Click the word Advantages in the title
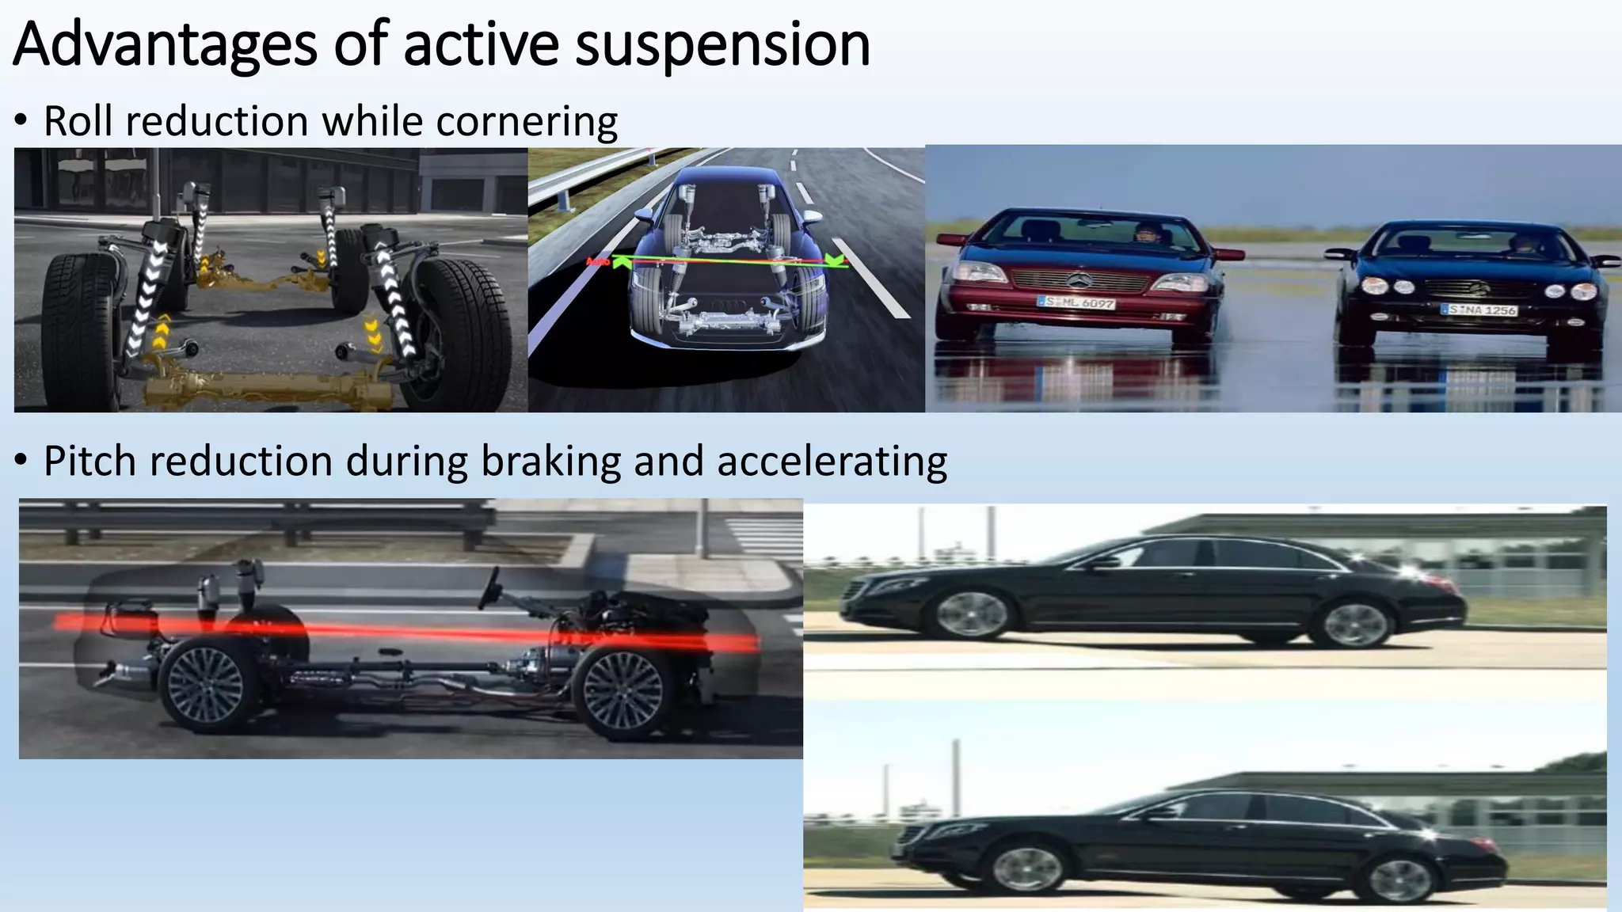[x=165, y=45]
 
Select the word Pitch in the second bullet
[x=89, y=462]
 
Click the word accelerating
[x=832, y=462]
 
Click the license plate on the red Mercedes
[x=1076, y=302]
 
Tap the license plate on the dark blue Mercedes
[x=1478, y=310]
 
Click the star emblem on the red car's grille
[x=1078, y=279]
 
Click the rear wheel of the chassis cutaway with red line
[x=208, y=686]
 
